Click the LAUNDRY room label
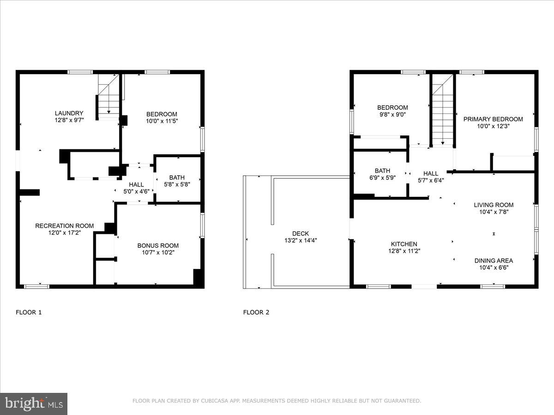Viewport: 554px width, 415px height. point(69,113)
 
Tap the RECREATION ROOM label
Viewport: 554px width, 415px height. point(64,226)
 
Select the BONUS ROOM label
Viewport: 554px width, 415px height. point(158,245)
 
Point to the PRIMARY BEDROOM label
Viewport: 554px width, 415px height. point(493,119)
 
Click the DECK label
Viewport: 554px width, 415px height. point(301,234)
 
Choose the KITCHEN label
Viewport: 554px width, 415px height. point(404,244)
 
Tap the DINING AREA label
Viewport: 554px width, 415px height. point(494,261)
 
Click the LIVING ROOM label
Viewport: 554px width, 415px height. point(494,205)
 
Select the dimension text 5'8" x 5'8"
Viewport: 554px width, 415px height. point(177,184)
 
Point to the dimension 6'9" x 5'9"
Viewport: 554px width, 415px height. point(382,178)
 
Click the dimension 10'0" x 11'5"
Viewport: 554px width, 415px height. point(162,121)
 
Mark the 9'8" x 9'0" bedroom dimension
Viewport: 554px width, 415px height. point(392,114)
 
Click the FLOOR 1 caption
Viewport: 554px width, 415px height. point(29,313)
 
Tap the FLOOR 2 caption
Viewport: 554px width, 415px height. point(256,313)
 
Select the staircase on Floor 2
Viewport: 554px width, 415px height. point(443,110)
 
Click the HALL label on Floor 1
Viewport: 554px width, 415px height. point(136,184)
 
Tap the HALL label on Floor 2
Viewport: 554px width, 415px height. point(431,173)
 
